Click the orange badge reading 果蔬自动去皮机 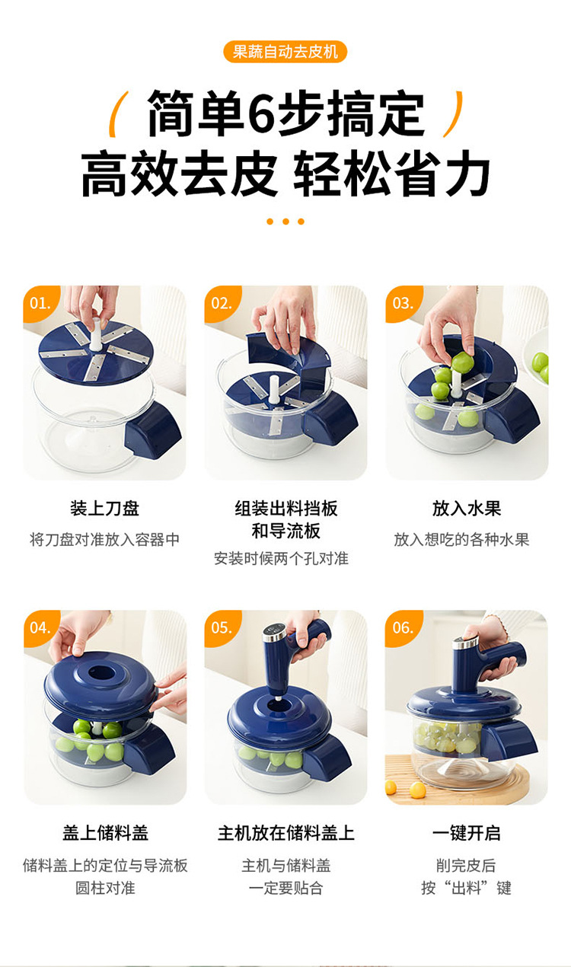point(285,52)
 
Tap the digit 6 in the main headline point(265,113)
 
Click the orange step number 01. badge point(40,303)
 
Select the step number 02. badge point(222,303)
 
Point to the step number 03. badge point(403,303)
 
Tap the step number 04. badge point(40,627)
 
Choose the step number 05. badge point(222,627)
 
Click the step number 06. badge point(403,627)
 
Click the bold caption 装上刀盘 point(104,509)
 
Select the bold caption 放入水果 point(467,509)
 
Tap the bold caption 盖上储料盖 point(105,833)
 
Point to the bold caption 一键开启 point(467,833)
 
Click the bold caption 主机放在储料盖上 point(285,833)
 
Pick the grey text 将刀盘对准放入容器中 point(104,540)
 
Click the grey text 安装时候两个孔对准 point(282,559)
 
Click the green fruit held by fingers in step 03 point(461,362)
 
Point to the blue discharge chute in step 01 point(153,429)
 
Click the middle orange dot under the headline point(285,222)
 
